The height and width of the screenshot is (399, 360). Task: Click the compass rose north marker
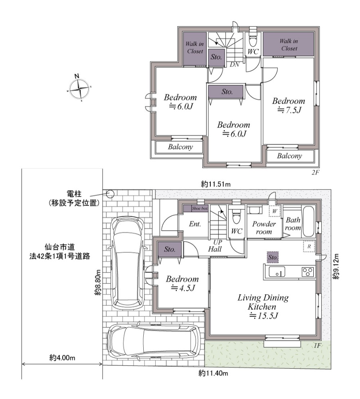(77, 76)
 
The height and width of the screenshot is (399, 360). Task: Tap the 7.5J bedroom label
(289, 105)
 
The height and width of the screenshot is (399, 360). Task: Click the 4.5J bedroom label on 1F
(182, 283)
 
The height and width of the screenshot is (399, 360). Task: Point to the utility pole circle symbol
(111, 194)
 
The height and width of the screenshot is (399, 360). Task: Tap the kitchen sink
(277, 272)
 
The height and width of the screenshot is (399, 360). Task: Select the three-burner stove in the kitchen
(308, 272)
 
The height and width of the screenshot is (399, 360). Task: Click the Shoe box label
(200, 208)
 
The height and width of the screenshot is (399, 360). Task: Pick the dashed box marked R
(309, 246)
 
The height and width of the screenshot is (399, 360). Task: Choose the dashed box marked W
(275, 211)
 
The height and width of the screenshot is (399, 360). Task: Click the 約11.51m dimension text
(216, 184)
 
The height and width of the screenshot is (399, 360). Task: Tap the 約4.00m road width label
(62, 358)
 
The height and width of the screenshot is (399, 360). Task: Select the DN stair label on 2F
(235, 65)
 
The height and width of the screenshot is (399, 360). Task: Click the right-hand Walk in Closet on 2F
(288, 44)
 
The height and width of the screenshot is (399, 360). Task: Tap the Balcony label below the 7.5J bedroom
(289, 156)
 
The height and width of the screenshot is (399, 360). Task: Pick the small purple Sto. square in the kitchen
(273, 257)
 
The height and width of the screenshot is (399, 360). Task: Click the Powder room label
(264, 228)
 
